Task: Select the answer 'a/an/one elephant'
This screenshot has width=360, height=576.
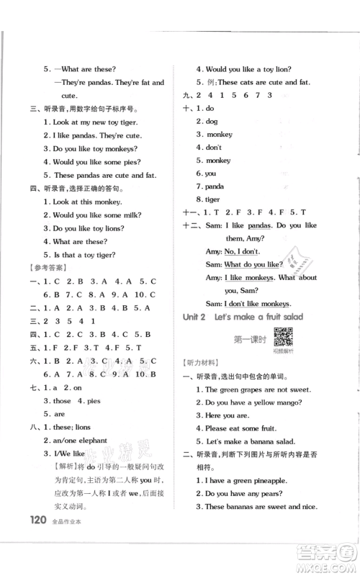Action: (x=74, y=440)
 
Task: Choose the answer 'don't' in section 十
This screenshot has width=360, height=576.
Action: (x=214, y=148)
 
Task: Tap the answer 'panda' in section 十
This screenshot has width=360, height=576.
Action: (x=215, y=186)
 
